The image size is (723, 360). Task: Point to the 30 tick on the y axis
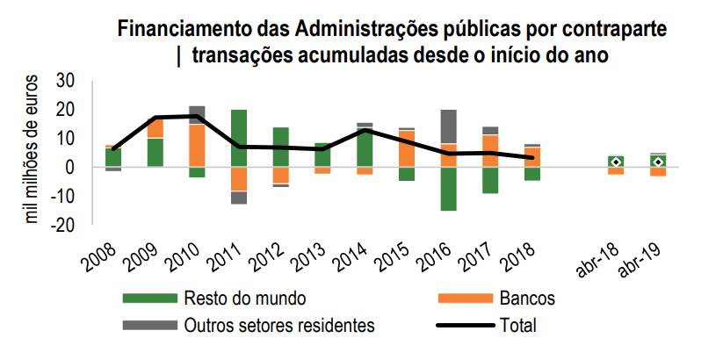point(65,82)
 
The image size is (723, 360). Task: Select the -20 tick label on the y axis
point(61,225)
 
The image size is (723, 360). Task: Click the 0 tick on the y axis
point(70,167)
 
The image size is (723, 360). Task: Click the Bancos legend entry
point(528,299)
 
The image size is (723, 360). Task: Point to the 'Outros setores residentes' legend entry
point(278,326)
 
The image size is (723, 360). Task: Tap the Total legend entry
point(517,326)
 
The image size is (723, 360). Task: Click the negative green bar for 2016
point(448,189)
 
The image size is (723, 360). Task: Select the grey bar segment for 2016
point(448,126)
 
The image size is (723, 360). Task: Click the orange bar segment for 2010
point(197,145)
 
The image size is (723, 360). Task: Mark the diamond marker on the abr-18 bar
point(617,162)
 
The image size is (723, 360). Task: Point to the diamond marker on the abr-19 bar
point(658,162)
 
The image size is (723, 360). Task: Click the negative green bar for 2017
point(490,180)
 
